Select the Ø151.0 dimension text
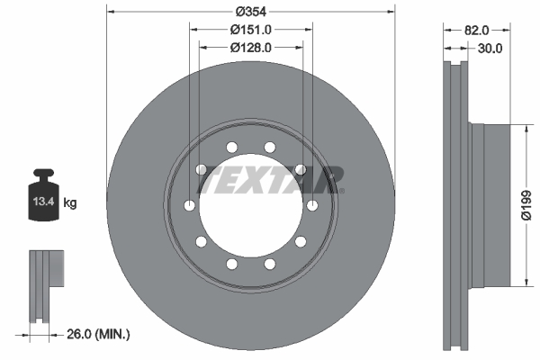click(250, 30)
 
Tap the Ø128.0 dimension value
click(250, 48)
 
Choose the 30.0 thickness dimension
click(490, 48)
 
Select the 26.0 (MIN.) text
click(98, 335)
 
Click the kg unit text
click(70, 203)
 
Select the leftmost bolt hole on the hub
click(189, 207)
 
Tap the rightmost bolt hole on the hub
click(312, 207)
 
